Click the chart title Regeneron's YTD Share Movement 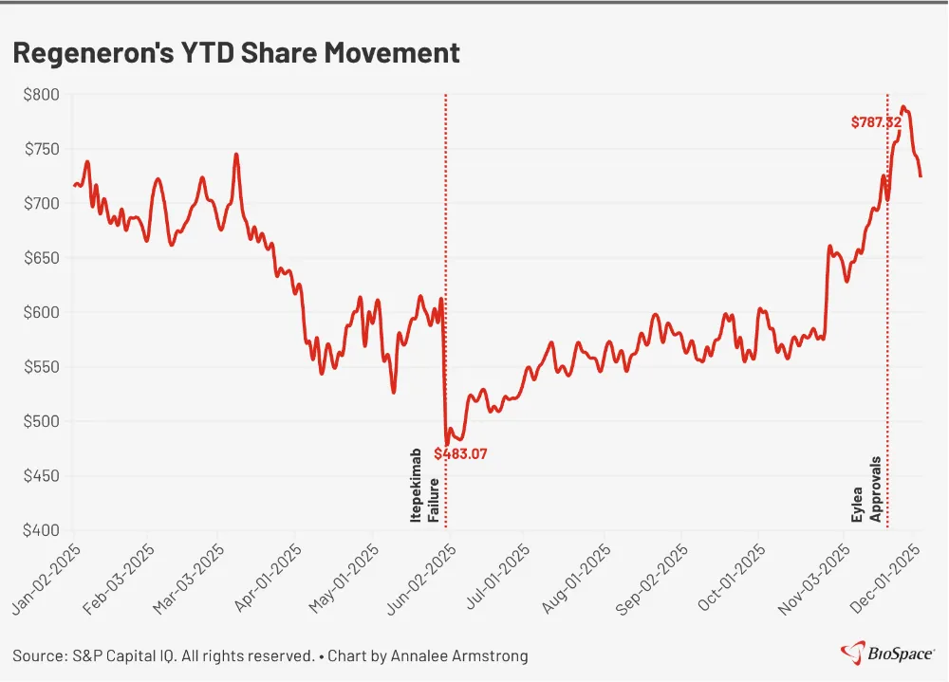point(236,53)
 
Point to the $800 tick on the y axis point(42,95)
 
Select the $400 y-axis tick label point(42,530)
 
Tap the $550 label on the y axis point(42,367)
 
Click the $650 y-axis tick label point(42,258)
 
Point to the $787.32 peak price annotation point(875,122)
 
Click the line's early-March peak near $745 point(236,155)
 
